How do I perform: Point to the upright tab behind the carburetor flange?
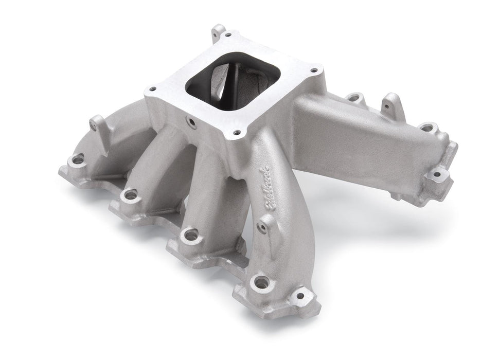tap(219, 32)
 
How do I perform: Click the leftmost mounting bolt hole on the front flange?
tap(78, 160)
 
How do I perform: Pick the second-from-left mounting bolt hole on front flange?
tap(130, 194)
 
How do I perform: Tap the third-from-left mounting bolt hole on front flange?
tap(191, 235)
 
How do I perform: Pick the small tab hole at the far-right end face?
tap(437, 175)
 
